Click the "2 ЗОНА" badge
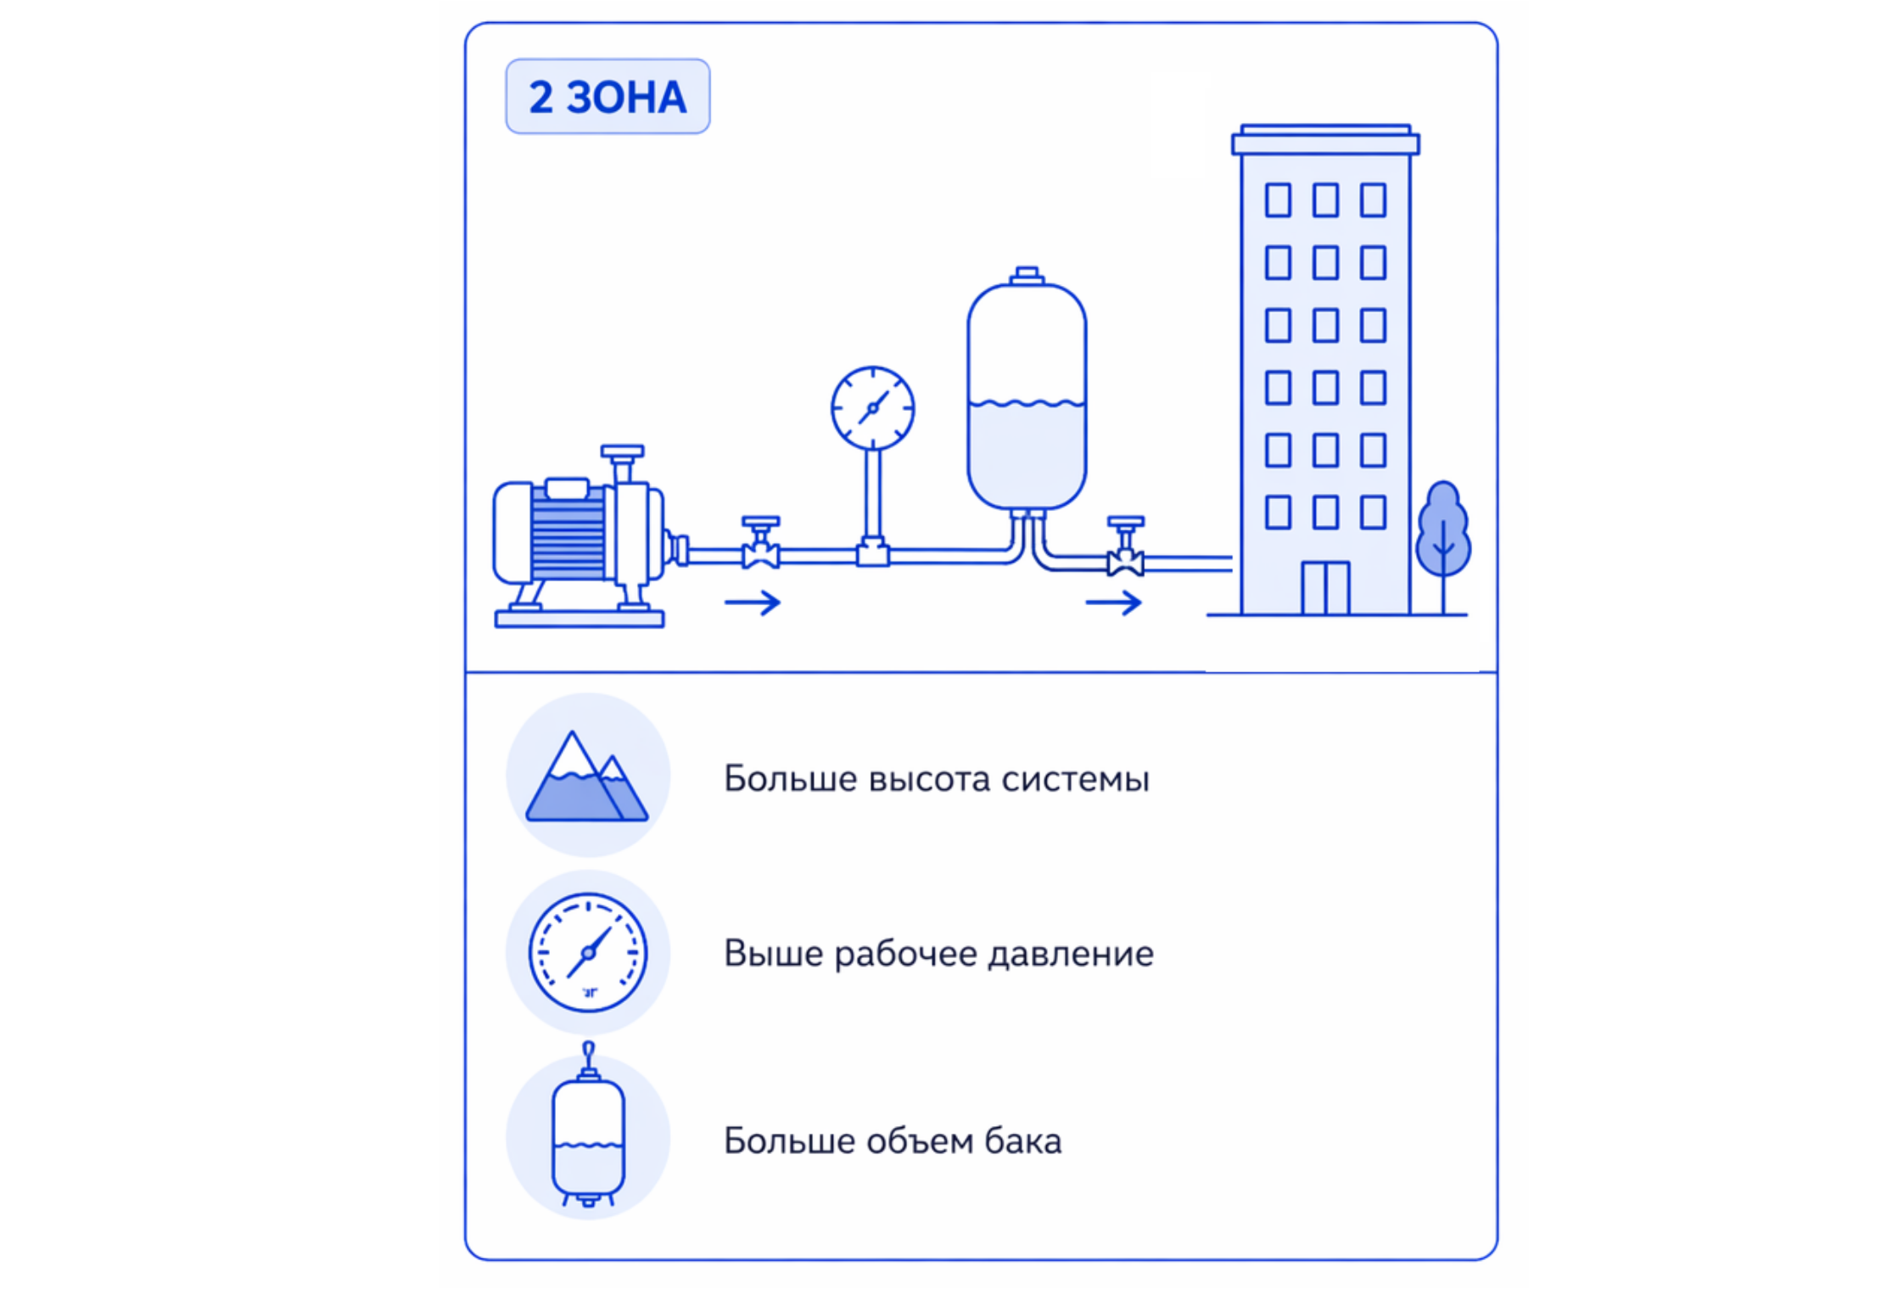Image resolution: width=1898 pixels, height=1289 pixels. coord(607,96)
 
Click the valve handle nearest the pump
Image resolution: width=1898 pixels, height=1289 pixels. coord(760,521)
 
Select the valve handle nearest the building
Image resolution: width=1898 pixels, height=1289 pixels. coord(1126,521)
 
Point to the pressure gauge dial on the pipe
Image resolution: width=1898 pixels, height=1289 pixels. coord(872,408)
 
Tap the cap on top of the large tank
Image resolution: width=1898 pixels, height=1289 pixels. coord(1027,275)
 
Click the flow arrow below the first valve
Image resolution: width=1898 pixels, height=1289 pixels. coord(753,602)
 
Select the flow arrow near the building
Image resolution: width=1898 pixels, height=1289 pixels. coord(1114,603)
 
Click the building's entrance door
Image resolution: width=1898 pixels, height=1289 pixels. coord(1325,587)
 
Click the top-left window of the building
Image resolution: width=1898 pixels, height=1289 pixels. coord(1278,200)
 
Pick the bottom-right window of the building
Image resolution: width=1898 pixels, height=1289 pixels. coord(1373,512)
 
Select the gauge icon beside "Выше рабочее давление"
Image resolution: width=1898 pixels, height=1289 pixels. coord(588,952)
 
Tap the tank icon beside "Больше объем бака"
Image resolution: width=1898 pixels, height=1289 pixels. coord(588,1124)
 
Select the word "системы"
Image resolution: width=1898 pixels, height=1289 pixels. coord(1075,780)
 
